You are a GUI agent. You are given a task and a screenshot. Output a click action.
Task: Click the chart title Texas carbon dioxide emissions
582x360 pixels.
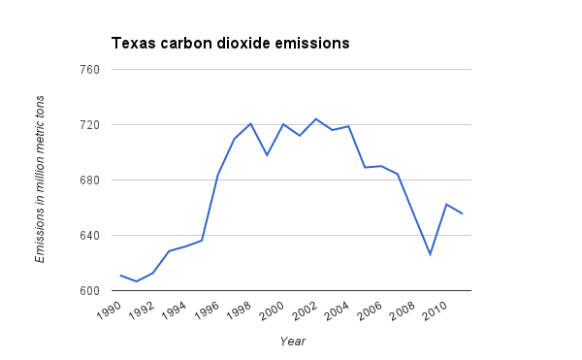coord(230,44)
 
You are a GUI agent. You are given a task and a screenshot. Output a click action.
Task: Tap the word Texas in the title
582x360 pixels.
coord(132,44)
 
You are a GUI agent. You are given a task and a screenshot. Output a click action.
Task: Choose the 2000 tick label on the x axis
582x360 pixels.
coord(274,310)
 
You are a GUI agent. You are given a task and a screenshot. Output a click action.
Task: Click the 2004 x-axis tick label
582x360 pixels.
coord(339,310)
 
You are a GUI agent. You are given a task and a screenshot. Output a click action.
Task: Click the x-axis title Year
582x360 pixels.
coord(293,341)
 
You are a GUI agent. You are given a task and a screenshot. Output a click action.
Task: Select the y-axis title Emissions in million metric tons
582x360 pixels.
coord(40,180)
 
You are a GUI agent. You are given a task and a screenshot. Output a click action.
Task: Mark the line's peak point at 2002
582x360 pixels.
coord(316,119)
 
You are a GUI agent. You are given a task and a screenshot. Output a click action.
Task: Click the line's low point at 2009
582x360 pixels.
coord(430,254)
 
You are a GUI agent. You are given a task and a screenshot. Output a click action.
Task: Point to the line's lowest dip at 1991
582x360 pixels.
coord(137,281)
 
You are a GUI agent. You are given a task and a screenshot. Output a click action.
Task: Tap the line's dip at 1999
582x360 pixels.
coord(267,155)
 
